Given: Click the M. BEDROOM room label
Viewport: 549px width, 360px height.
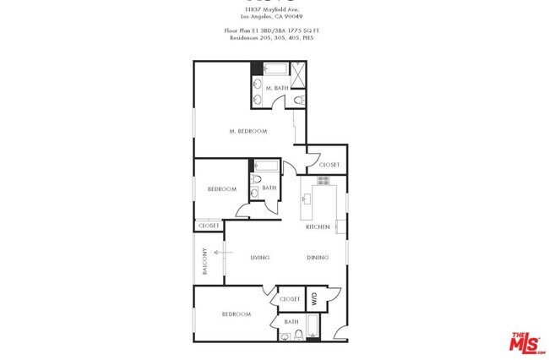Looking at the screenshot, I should (248, 131).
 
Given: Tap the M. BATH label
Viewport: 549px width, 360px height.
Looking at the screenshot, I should (276, 88).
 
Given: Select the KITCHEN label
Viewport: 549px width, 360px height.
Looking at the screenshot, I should (318, 227).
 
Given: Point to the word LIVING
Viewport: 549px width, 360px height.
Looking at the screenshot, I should (259, 258).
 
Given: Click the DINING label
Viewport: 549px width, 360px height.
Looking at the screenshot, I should (318, 258).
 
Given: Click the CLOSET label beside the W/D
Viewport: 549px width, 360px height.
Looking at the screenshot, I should (290, 299).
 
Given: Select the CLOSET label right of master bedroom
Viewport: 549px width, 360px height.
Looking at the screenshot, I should (329, 165).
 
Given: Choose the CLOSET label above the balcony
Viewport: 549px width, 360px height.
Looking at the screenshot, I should (208, 226).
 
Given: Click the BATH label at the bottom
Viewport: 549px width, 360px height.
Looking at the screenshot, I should (291, 322).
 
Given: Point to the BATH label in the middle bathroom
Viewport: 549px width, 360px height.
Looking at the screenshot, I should (269, 188).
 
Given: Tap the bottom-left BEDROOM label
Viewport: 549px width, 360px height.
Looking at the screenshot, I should (236, 314).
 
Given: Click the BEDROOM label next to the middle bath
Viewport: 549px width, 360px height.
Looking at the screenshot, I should (222, 189).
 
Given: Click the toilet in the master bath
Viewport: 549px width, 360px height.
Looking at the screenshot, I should (300, 101).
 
